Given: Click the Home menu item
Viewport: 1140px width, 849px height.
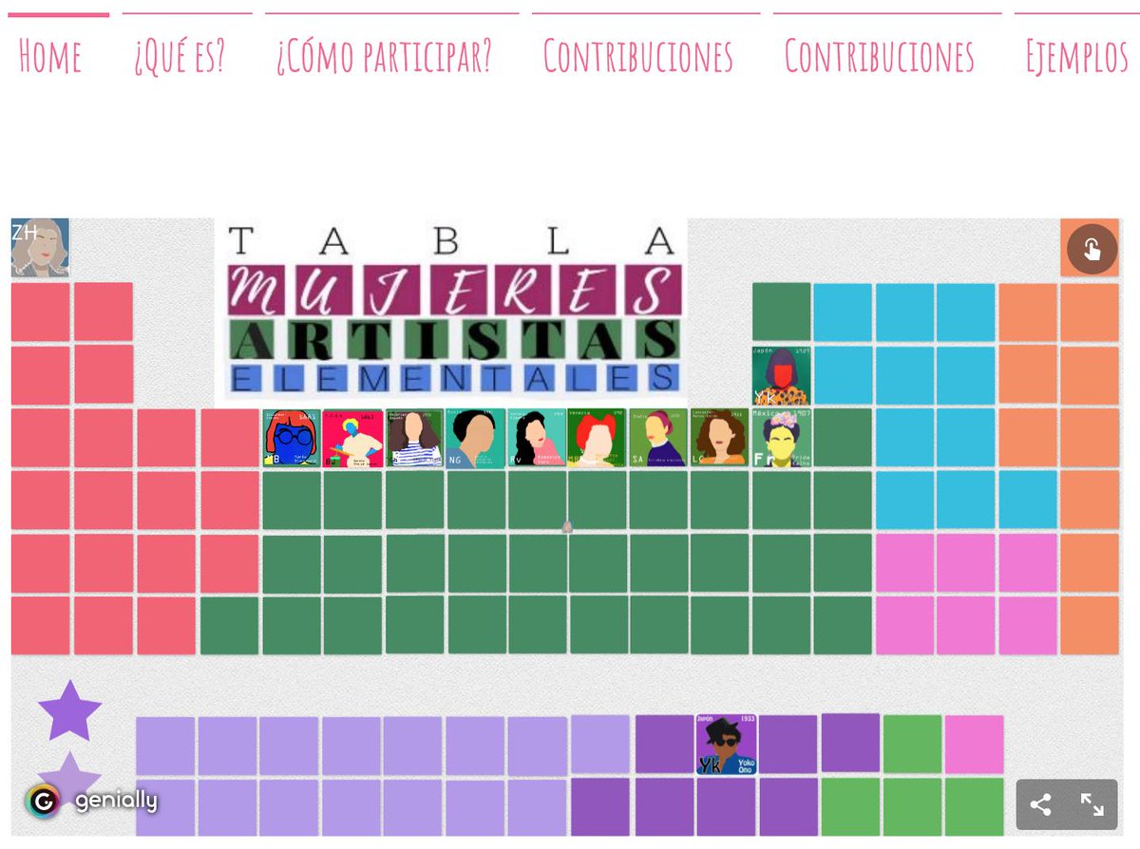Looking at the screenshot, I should pos(50,57).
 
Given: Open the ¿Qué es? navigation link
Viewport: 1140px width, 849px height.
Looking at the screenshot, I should pos(180,57).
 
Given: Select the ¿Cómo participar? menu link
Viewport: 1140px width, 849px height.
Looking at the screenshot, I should pos(385,57).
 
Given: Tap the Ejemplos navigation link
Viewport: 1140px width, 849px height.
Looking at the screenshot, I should pos(1076,57).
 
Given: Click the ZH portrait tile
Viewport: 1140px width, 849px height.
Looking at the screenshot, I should pos(40,248).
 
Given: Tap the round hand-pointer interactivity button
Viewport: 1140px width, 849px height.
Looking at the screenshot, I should pos(1091,250).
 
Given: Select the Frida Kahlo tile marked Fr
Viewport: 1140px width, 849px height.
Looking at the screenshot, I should pos(782,438).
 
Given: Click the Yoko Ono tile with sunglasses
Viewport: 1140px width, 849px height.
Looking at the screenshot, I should pos(726,745).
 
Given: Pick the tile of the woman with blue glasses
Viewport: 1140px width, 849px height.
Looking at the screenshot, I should pos(291,438).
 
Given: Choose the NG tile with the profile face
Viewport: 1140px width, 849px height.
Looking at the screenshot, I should pos(475,438).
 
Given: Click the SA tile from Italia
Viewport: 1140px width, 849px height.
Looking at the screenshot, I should pos(657,438).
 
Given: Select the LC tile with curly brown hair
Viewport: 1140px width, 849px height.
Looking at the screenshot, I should pos(719,438).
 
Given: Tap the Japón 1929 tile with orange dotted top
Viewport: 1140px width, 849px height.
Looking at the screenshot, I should pos(781,376).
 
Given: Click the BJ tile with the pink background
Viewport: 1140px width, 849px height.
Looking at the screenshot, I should pos(352,438).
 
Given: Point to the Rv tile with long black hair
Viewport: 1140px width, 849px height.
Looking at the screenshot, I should pos(537,438).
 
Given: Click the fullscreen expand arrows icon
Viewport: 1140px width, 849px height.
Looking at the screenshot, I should pos(1092,805).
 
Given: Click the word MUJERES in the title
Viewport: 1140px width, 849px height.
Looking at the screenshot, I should pos(454,290).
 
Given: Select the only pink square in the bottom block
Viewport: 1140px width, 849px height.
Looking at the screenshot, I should pos(974,744).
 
